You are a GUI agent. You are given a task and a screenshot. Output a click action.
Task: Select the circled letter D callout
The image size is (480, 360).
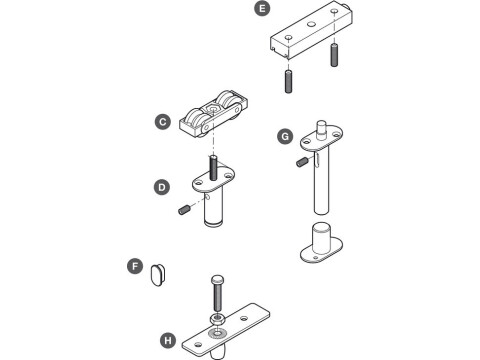161,187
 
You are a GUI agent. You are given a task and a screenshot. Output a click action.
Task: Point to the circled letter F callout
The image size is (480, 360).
134,266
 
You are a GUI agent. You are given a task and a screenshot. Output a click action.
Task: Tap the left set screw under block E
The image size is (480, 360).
286,79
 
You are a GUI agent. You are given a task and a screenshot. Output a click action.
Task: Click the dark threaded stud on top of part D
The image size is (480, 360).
212,163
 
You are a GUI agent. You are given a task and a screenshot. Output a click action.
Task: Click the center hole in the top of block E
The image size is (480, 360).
311,21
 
